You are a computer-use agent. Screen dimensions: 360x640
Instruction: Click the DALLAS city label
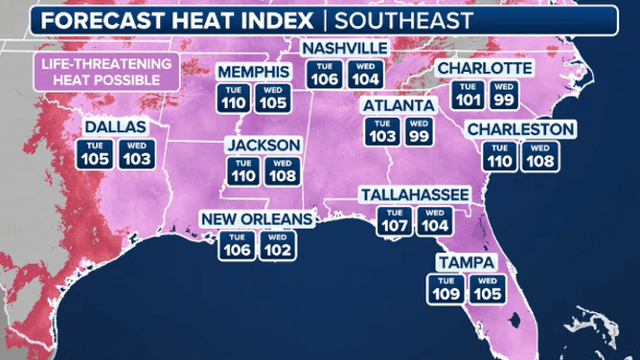coord(114,126)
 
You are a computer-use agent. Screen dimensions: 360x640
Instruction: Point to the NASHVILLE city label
coord(345,48)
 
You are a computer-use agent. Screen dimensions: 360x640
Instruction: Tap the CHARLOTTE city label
coord(484,69)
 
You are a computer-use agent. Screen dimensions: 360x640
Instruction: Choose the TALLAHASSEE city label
coord(414,194)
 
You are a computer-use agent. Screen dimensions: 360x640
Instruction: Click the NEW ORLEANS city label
coord(257,219)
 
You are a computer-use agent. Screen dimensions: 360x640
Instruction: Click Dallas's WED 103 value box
coord(135,153)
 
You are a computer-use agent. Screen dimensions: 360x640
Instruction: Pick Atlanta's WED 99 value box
coord(418,131)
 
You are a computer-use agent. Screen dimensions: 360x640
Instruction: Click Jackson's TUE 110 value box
coord(242,170)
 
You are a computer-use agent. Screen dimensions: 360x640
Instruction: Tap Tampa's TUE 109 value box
coord(446,287)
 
